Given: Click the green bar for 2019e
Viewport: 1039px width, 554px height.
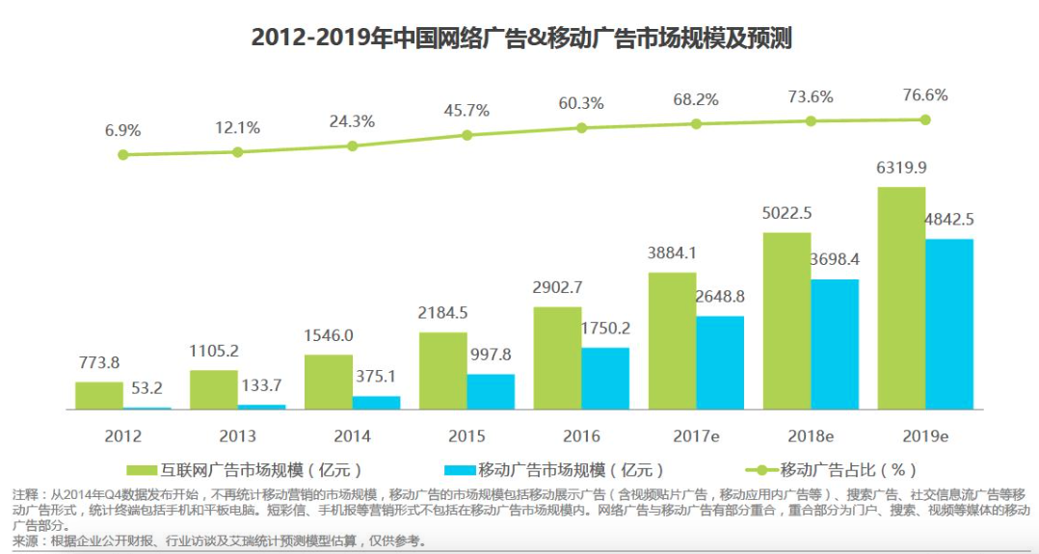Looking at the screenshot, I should point(901,299).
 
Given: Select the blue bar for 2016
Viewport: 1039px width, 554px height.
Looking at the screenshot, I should point(605,379).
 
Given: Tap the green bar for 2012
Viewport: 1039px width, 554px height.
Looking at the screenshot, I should point(99,396).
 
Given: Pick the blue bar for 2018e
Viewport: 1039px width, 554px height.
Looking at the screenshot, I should point(835,345).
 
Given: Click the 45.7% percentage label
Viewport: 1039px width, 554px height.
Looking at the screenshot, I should point(466,111).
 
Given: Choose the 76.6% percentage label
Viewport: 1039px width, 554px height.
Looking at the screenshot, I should point(925,95).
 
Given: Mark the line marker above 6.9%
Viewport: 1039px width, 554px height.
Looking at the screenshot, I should point(122,154).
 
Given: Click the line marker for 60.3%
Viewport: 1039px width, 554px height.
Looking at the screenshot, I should point(581,127).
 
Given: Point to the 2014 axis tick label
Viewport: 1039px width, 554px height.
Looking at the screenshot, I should point(352,435).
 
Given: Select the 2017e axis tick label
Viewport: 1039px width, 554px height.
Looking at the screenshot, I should point(696,435).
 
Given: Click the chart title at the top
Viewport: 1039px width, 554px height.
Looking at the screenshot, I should point(520,38).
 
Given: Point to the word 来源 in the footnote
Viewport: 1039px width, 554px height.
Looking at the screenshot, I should point(27,540).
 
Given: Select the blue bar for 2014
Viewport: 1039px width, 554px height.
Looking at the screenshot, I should point(376,403).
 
